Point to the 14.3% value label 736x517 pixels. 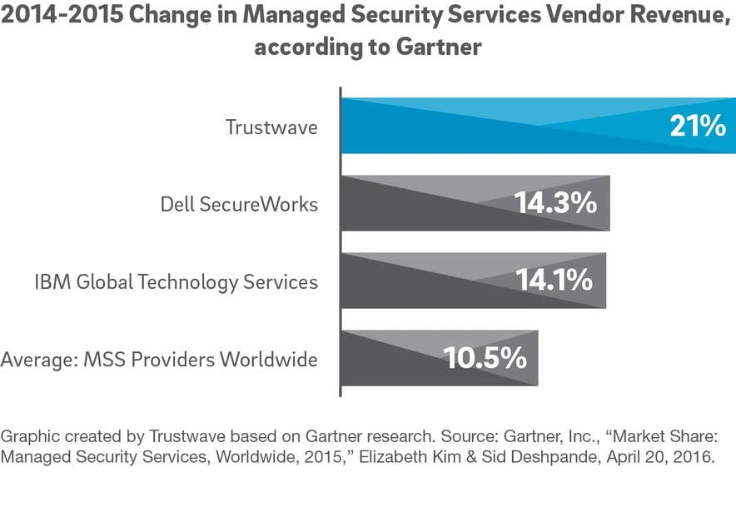click(x=554, y=203)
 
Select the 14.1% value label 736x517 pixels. click(x=553, y=281)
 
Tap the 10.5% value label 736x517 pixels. click(x=485, y=358)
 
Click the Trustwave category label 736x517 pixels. click(x=271, y=127)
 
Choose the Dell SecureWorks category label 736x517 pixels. click(x=239, y=204)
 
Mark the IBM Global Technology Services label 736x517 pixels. click(x=176, y=282)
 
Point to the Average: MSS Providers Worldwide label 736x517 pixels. click(x=159, y=360)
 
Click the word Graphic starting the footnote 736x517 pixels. click(x=28, y=435)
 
